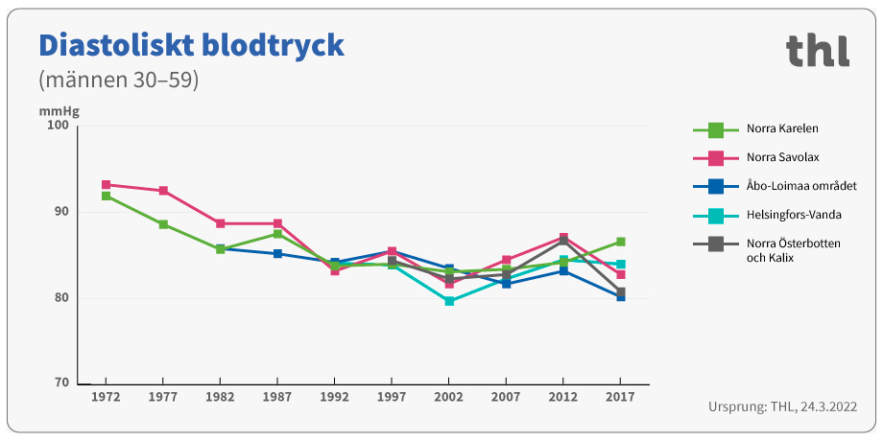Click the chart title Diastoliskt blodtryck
click(190, 45)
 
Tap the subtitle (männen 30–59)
click(118, 80)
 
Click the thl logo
click(817, 50)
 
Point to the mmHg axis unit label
click(59, 111)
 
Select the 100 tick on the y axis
click(59, 126)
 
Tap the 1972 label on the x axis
click(106, 396)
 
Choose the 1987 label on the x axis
click(277, 396)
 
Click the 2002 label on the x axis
click(449, 396)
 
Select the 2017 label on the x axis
click(621, 396)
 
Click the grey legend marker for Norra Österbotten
click(715, 244)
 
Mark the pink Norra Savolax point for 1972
click(106, 185)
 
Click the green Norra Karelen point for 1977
click(163, 224)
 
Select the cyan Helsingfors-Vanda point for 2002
click(449, 301)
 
